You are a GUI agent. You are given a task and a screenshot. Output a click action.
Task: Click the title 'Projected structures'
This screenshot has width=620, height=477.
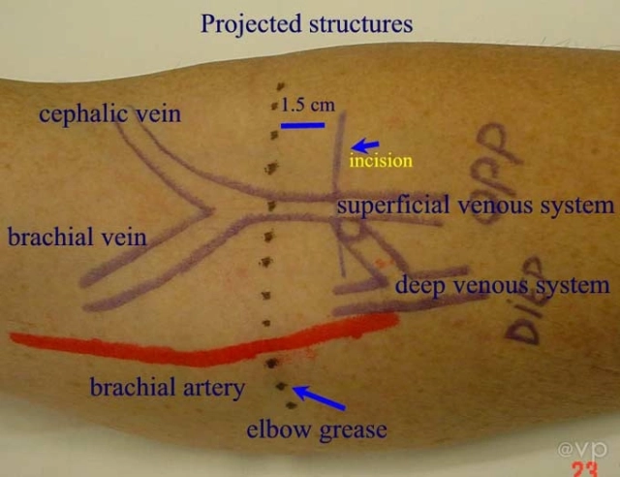coord(306,22)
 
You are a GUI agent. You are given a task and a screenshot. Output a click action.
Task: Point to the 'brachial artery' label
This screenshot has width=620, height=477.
coord(168,388)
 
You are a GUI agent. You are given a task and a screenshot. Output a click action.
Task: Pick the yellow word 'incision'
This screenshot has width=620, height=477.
coord(381,161)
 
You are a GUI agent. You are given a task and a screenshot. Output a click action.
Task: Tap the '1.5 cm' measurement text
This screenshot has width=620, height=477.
coord(308,104)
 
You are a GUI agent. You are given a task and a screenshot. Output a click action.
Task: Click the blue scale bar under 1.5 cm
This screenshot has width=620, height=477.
coord(303,125)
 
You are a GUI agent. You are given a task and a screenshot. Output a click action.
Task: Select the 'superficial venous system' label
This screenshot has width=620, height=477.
coord(475,206)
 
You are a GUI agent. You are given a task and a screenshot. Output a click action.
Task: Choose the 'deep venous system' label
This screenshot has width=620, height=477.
coord(502,285)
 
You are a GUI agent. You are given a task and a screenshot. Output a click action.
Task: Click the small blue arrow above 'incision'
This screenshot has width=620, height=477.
coord(365,143)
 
